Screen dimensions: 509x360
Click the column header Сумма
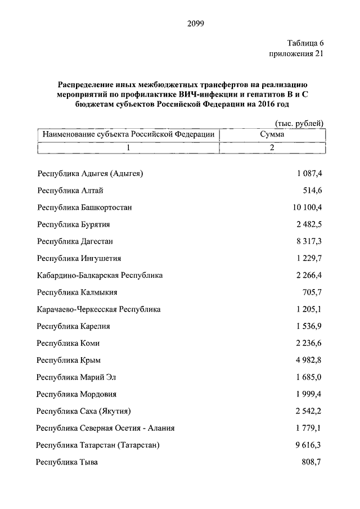pos(272,135)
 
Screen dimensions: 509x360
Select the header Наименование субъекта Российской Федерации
pos(128,135)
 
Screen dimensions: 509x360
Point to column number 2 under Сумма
pos(272,148)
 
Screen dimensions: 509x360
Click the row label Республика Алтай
pos(70,191)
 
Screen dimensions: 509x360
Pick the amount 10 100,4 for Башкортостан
pos(308,208)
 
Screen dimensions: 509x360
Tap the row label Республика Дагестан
pos(75,241)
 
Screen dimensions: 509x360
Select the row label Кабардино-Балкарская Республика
pos(100,276)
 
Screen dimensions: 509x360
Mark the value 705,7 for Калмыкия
pos(313,292)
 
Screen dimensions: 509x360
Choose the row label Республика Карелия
pos(74,326)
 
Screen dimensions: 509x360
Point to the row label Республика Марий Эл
pos(76,377)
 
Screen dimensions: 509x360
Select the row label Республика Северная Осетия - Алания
pos(105,428)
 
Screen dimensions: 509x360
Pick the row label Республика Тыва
pos(67,462)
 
